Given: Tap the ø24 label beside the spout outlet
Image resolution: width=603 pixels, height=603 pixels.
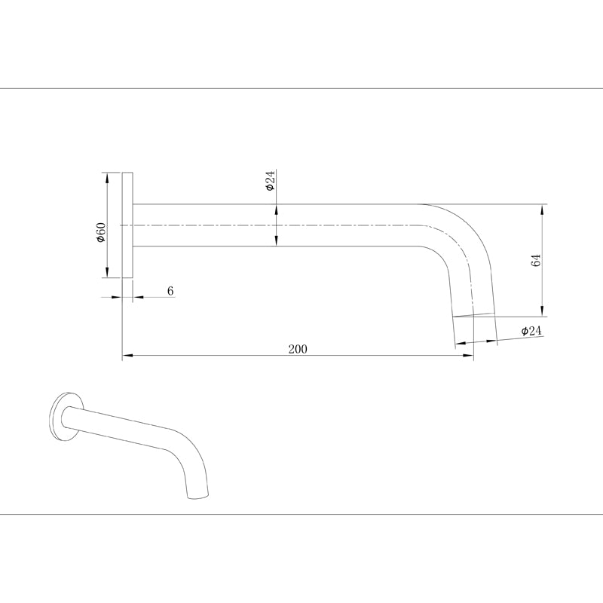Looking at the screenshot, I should coord(531,331).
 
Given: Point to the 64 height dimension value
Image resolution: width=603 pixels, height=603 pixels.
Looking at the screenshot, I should coord(536,261).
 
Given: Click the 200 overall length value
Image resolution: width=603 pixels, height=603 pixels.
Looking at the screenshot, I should coord(298,348).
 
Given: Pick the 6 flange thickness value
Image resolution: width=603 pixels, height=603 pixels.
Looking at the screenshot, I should coord(170,290).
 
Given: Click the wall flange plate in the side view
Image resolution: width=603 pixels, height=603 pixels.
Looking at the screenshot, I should coord(127,225).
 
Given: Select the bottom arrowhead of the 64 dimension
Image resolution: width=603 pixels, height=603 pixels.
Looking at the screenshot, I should coord(541,312).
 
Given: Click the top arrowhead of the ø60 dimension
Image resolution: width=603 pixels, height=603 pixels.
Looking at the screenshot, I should coord(108,178).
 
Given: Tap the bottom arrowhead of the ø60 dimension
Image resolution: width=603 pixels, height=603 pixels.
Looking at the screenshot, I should coord(108,273).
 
